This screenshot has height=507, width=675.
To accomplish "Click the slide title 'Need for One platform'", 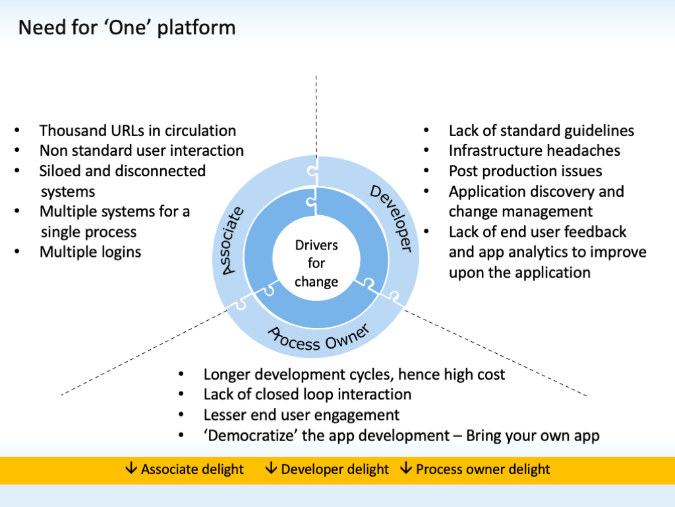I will (126, 28).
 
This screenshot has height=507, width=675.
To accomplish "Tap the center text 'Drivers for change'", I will (316, 263).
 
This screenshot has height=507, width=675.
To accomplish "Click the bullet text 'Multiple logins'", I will (90, 252).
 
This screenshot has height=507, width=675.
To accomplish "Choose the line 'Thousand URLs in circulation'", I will (138, 131).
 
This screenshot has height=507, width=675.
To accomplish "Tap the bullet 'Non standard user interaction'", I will (142, 151).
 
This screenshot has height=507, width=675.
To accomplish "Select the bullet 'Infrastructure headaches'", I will (535, 151).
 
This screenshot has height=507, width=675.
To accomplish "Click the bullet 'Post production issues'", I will (525, 171).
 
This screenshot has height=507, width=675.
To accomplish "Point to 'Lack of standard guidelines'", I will (541, 131).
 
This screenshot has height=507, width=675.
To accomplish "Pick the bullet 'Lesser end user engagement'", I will (301, 415).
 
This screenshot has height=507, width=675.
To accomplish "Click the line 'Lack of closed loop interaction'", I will (307, 394).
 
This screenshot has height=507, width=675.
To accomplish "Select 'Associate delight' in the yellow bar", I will (192, 469).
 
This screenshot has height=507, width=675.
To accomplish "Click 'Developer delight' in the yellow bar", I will (335, 469).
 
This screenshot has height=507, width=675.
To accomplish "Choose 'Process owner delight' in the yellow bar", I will (483, 469).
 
